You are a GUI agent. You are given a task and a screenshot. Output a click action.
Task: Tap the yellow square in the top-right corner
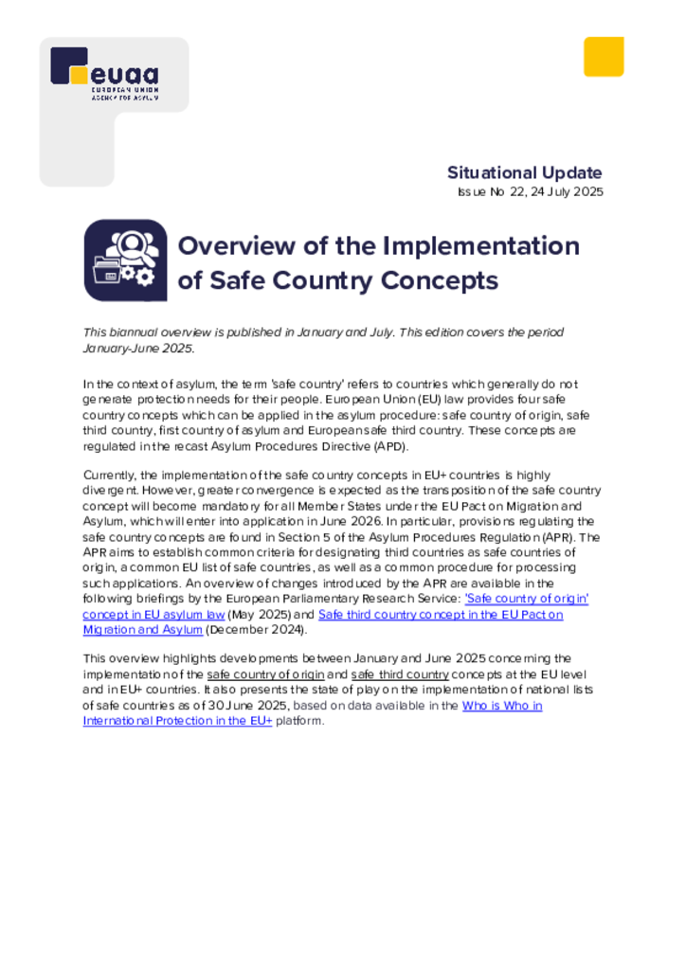(603, 57)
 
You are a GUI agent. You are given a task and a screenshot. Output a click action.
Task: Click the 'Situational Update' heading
(524, 172)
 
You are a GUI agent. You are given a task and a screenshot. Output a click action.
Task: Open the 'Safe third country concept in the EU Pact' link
(441, 614)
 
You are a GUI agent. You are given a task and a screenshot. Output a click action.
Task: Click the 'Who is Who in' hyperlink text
(501, 706)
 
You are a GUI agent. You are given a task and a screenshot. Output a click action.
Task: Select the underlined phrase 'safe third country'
(399, 674)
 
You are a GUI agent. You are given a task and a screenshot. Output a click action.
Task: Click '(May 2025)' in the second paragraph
(254, 614)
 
